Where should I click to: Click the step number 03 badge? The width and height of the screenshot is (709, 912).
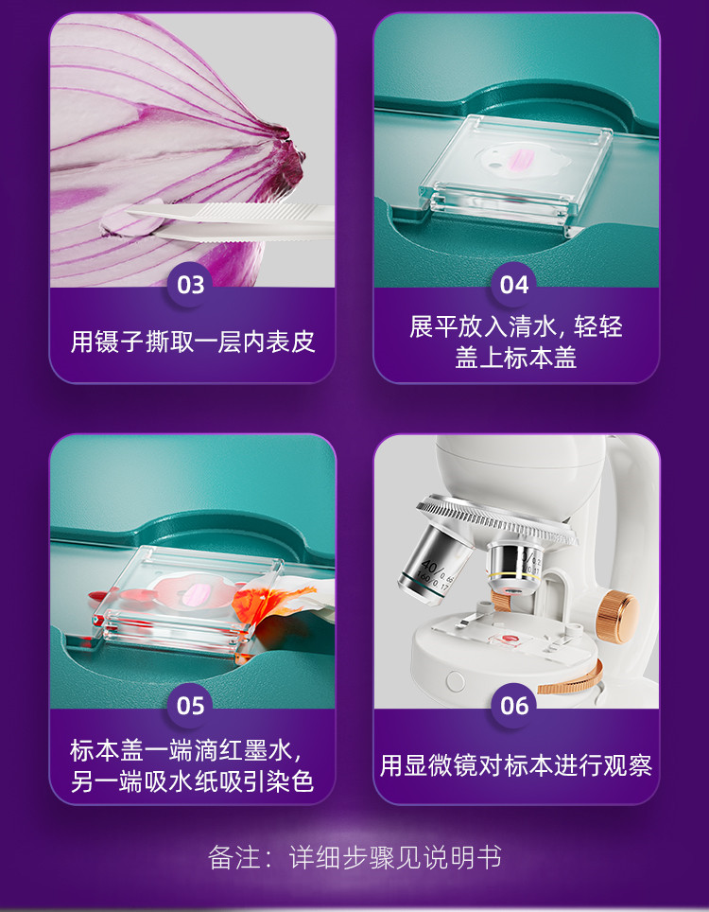[191, 285]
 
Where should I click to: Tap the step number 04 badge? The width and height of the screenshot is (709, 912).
[514, 285]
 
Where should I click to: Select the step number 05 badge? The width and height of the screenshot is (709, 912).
[191, 706]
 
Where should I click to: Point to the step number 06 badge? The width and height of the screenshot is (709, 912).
[514, 706]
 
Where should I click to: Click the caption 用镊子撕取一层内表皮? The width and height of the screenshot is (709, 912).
[192, 342]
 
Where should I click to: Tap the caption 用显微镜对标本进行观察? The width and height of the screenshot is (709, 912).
[515, 765]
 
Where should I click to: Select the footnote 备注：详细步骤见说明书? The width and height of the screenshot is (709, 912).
[354, 857]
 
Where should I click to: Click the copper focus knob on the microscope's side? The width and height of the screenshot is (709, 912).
[616, 617]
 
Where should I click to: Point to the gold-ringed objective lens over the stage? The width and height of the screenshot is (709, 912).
[515, 570]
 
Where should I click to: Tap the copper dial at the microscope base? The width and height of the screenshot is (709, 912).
[573, 680]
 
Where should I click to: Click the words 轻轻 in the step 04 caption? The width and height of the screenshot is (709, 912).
[598, 327]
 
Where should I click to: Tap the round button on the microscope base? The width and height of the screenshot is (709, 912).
[455, 681]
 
